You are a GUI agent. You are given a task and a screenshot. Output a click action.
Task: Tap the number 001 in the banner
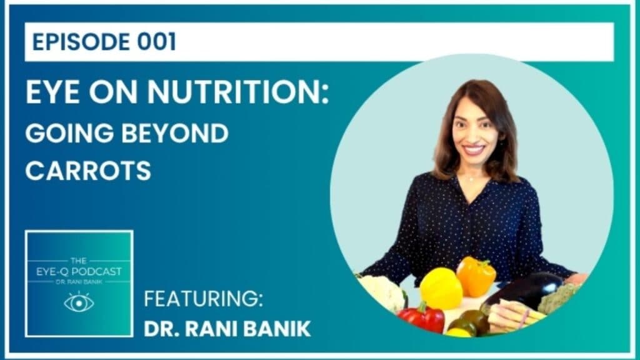(x=157, y=42)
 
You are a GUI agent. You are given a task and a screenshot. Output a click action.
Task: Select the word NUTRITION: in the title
(x=238, y=92)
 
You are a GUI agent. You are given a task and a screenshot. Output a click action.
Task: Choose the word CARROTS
(x=88, y=171)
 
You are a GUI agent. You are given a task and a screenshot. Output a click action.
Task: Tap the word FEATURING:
(x=203, y=299)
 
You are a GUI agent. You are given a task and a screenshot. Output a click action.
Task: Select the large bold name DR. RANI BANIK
(x=227, y=329)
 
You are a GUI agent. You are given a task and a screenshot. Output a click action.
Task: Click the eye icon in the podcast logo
(x=79, y=302)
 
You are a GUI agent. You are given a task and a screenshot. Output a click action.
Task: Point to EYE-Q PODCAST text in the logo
(x=79, y=271)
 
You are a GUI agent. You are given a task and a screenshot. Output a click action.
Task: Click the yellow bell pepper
(x=441, y=289)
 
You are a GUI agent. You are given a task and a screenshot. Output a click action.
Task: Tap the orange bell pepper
(x=476, y=276)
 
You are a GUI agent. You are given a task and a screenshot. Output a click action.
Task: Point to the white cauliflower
(x=383, y=292)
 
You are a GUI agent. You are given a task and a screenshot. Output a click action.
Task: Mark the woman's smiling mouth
(x=474, y=149)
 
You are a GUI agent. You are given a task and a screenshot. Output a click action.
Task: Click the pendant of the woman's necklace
(x=471, y=179)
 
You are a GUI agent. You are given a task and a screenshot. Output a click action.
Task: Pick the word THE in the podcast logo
(x=78, y=261)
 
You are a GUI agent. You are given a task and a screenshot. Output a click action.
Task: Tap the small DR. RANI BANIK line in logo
(x=79, y=282)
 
